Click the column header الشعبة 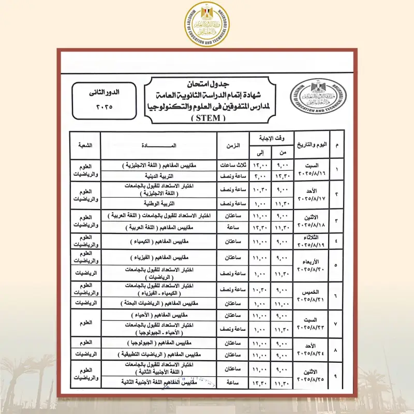[85, 146]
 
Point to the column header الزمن [233, 146]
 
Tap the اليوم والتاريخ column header [314, 146]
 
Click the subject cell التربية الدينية [159, 176]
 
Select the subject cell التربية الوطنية [159, 204]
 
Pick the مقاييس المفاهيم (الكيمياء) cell [159, 241]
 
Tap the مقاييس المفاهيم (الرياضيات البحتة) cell [159, 303]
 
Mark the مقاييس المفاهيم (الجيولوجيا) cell [159, 343]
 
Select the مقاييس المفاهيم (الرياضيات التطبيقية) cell [159, 355]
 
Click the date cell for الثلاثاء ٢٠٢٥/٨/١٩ [314, 241]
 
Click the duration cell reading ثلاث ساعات [233, 165]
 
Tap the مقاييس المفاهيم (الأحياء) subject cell [159, 315]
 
